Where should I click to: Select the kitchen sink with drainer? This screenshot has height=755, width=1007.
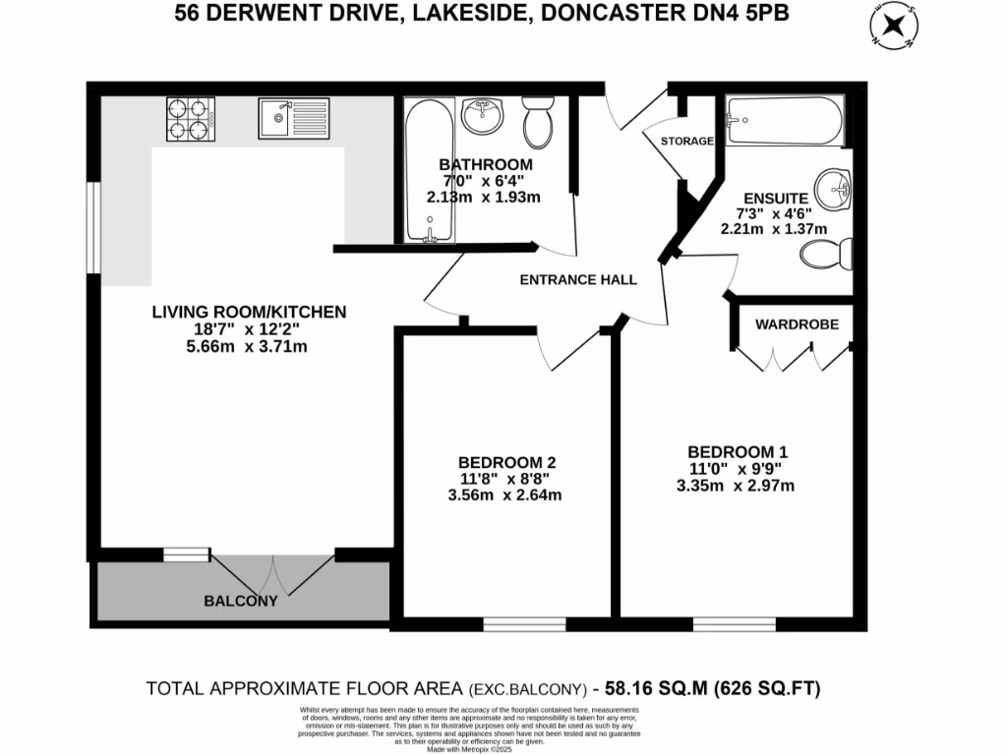[294, 120]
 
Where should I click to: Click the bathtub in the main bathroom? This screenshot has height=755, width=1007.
[430, 171]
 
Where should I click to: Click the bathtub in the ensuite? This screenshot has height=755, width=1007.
[784, 121]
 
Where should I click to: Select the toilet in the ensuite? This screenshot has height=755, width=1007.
[824, 257]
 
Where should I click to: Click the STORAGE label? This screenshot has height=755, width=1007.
[686, 142]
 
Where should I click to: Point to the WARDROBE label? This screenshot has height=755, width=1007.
[797, 323]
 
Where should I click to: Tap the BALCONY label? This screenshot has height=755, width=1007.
[241, 601]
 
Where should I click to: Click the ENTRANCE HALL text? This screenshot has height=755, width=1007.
[578, 280]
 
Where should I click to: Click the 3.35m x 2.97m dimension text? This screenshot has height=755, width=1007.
[737, 485]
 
